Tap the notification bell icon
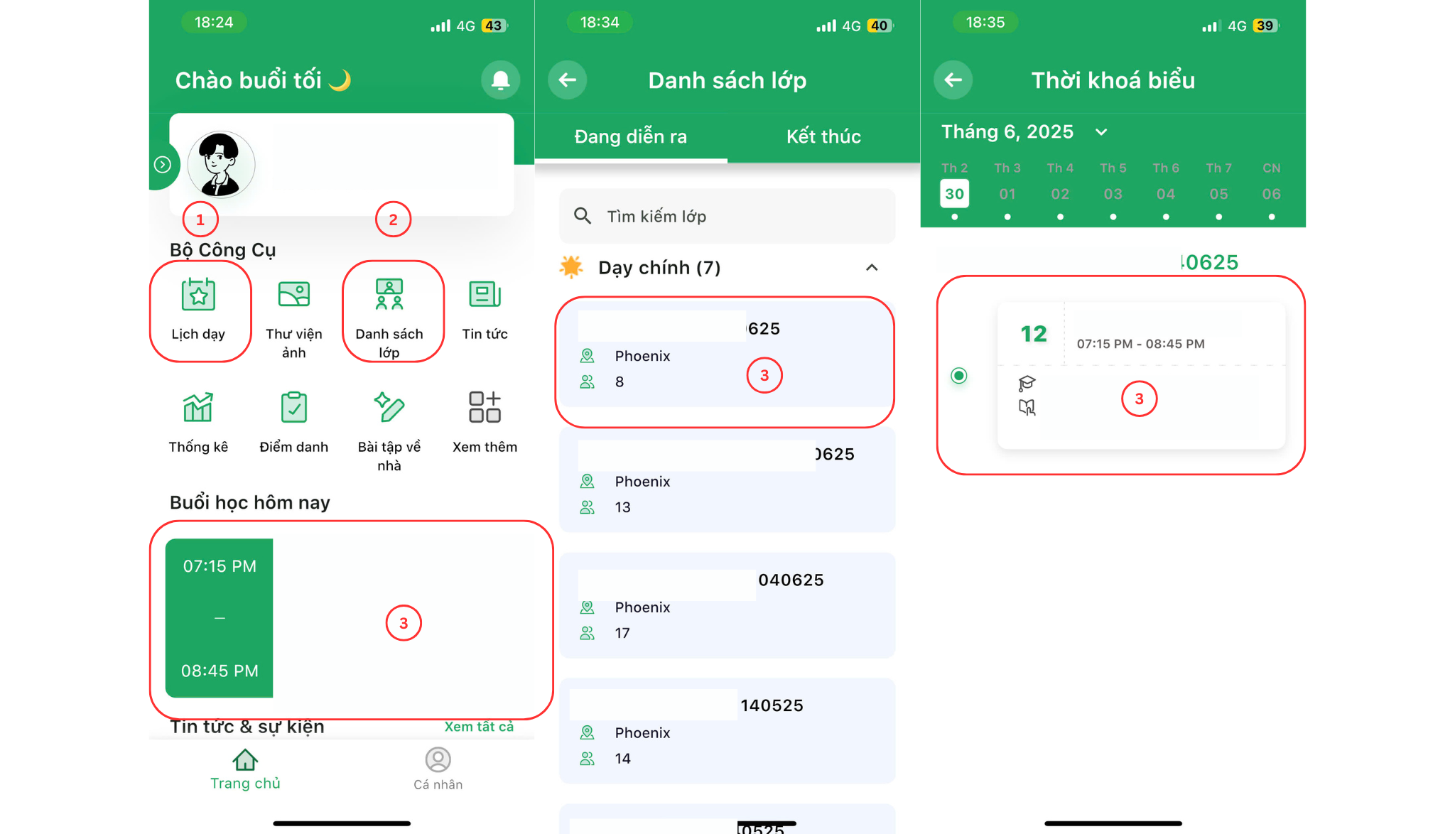click(x=500, y=80)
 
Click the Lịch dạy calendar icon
click(x=198, y=294)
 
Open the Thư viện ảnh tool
click(x=293, y=294)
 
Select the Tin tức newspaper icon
click(x=485, y=294)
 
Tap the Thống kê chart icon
click(x=198, y=408)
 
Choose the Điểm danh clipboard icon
click(x=293, y=408)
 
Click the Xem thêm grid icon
click(x=485, y=408)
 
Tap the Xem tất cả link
click(x=479, y=727)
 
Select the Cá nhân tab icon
click(x=438, y=760)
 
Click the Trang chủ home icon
click(x=245, y=760)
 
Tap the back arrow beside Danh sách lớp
click(x=567, y=80)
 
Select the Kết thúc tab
click(x=823, y=136)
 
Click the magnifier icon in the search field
click(x=583, y=216)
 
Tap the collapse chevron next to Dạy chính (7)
click(x=872, y=268)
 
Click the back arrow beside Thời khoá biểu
click(x=953, y=80)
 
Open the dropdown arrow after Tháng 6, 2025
click(x=1101, y=132)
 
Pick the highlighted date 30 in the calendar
click(x=954, y=194)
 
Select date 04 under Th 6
click(x=1165, y=194)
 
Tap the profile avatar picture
click(x=220, y=165)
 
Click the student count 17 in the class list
click(x=622, y=633)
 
